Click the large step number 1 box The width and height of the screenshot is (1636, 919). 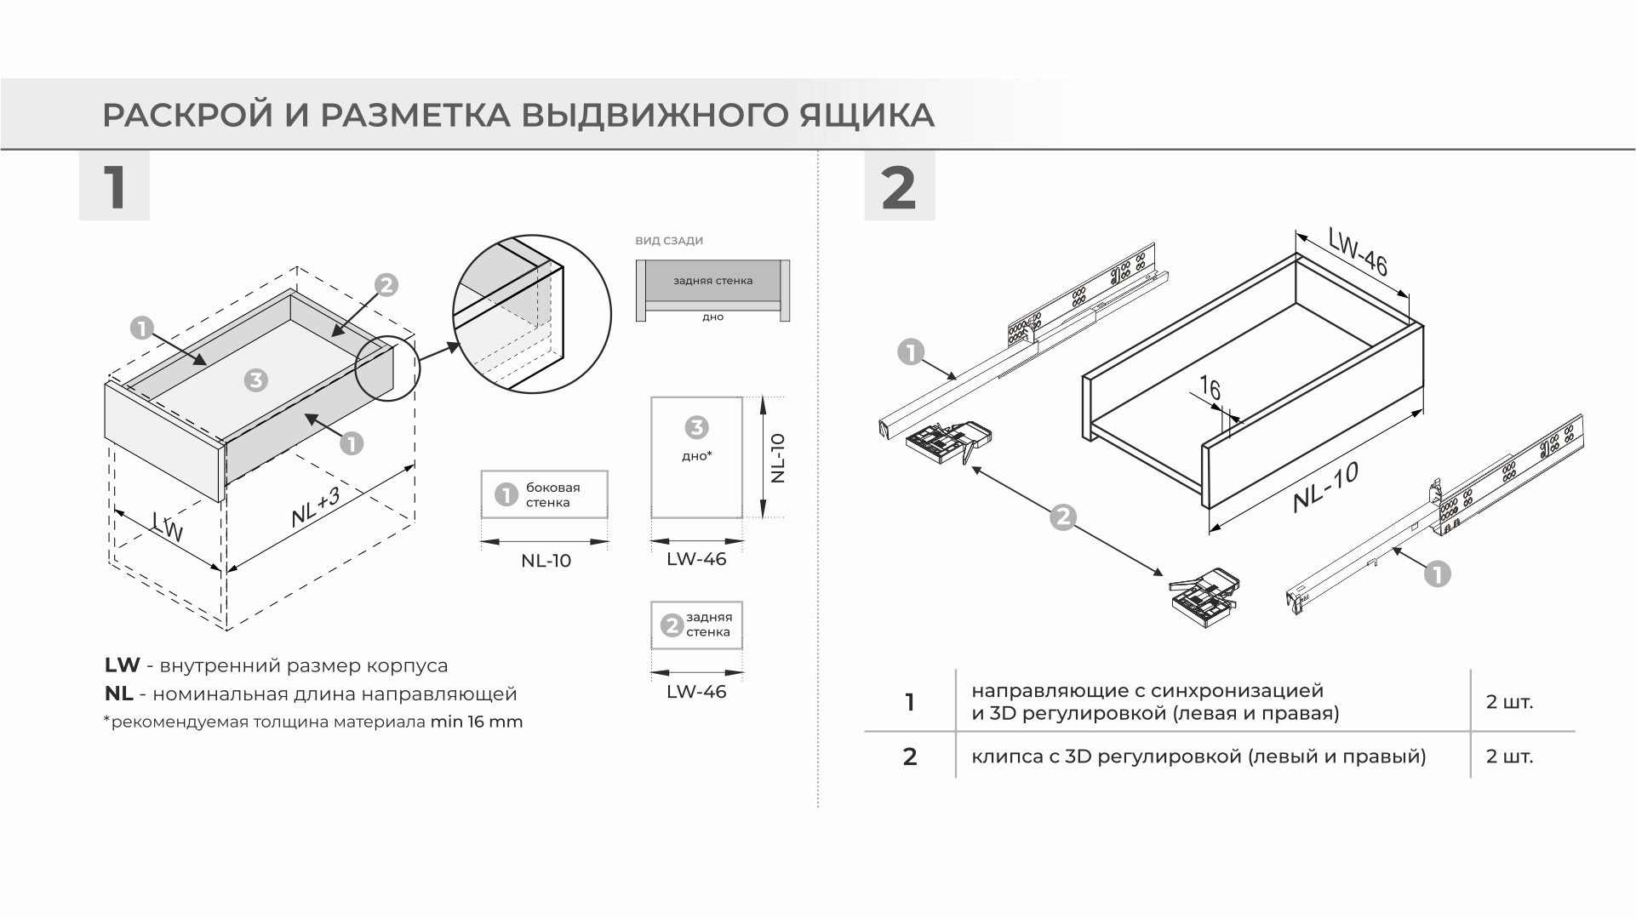click(114, 186)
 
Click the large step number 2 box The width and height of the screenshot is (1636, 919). click(899, 186)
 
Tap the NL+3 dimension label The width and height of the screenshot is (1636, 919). click(315, 508)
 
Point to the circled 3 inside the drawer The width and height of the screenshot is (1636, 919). click(255, 380)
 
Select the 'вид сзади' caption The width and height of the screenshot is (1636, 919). click(669, 241)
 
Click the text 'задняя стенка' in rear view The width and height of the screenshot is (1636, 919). click(712, 281)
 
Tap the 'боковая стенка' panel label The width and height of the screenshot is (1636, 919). click(552, 495)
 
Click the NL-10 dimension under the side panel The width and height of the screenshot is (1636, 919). click(546, 561)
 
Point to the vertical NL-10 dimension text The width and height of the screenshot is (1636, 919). click(777, 458)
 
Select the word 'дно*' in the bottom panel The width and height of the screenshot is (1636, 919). click(696, 456)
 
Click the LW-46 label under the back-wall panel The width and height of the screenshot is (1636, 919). click(696, 692)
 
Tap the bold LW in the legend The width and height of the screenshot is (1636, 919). click(122, 665)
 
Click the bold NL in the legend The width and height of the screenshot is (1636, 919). click(118, 694)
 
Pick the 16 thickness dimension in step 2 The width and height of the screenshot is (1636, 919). click(1210, 390)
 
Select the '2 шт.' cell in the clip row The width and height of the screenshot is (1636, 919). click(1509, 756)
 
